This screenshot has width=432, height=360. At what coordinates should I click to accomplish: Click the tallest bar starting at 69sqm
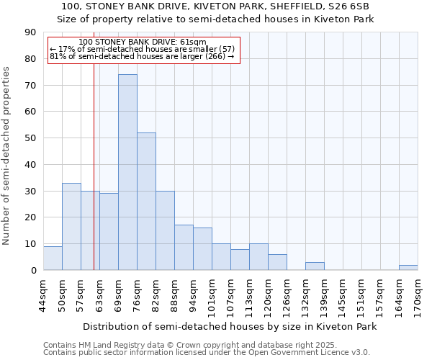[127, 172]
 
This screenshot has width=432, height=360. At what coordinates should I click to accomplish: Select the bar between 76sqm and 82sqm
[146, 201]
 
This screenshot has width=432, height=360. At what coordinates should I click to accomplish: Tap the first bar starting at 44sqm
[53, 258]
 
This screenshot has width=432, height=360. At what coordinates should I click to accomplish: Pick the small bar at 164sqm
[408, 267]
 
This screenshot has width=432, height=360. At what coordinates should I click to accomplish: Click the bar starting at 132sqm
[315, 266]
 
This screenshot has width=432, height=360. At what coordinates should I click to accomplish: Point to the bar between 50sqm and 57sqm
[71, 226]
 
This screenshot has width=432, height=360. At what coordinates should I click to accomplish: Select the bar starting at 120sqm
[277, 262]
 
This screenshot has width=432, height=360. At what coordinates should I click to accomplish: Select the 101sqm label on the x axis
[212, 294]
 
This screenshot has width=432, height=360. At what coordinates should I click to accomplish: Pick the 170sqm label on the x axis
[418, 294]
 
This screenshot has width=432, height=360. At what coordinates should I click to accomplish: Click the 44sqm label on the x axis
[43, 294]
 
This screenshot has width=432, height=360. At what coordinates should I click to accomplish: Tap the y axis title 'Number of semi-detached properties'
[7, 156]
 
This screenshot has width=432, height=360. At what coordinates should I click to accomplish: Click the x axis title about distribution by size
[230, 326]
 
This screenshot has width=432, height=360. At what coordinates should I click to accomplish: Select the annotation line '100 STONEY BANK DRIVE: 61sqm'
[143, 42]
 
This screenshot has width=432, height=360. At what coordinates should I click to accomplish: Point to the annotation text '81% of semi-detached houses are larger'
[143, 56]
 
